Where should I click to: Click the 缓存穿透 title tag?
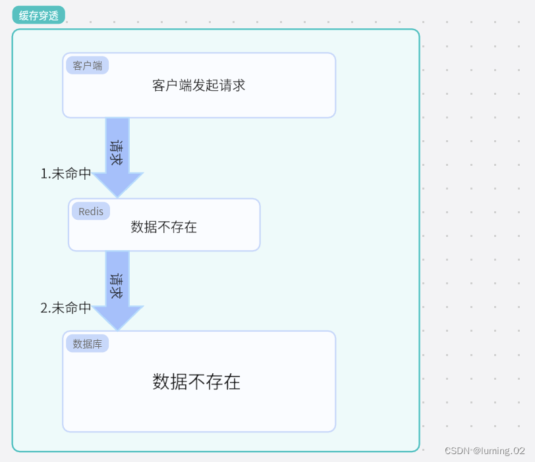pos(38,15)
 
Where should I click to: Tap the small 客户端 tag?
pos(87,65)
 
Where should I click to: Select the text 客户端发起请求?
pos(198,86)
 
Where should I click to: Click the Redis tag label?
pos(91,211)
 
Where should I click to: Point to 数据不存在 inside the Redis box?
pos(163,227)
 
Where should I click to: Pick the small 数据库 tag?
pos(87,344)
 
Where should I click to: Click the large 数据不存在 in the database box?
pos(196,382)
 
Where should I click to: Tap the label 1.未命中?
pos(66,174)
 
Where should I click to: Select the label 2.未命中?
pos(66,307)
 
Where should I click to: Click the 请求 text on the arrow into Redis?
pos(117,152)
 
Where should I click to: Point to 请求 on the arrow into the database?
pos(117,286)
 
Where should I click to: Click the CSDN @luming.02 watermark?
pos(485,451)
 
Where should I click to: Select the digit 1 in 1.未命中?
pos(44,174)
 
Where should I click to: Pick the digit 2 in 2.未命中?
pos(44,307)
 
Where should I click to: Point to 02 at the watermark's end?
pos(519,451)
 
